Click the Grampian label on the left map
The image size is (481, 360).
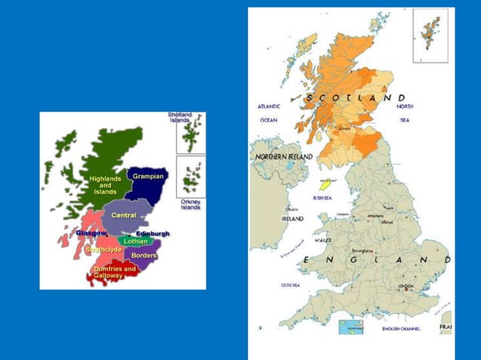(x=148, y=176)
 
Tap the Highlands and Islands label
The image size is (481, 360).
(x=105, y=185)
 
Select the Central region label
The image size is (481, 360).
(x=123, y=215)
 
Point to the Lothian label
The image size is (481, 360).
(x=135, y=242)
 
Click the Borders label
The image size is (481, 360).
(x=143, y=255)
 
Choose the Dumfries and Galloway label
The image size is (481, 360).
(x=115, y=272)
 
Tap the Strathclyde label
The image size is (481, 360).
(x=104, y=249)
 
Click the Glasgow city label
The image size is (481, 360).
(x=91, y=233)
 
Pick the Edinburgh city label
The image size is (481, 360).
(x=153, y=233)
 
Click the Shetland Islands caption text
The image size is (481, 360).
(x=179, y=117)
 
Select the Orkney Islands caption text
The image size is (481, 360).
(x=190, y=205)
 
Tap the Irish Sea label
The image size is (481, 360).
(x=323, y=198)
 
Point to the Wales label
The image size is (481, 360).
(x=323, y=240)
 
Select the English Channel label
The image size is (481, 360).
(x=400, y=329)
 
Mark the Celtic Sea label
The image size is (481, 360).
(x=291, y=285)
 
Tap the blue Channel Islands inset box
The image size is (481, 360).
(x=351, y=327)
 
